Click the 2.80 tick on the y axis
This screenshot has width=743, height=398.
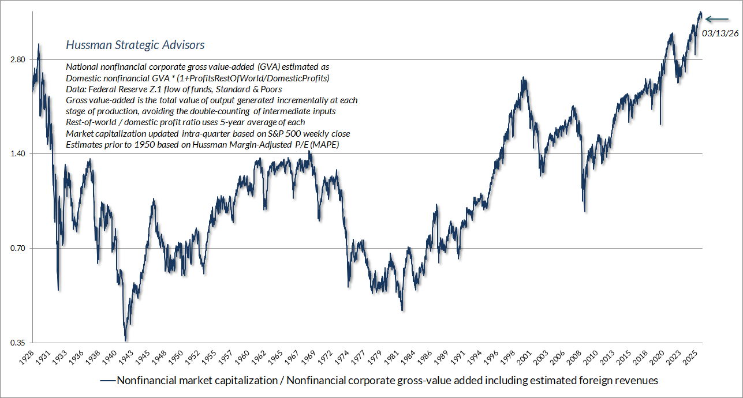(x=17, y=60)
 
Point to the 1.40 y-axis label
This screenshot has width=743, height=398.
(x=17, y=154)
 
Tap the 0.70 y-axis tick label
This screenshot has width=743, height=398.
(x=17, y=249)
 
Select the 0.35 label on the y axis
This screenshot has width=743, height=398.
(x=17, y=343)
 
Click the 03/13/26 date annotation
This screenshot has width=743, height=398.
(x=720, y=33)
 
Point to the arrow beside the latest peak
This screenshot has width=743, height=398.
(x=718, y=19)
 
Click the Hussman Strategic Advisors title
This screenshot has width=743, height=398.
(x=135, y=45)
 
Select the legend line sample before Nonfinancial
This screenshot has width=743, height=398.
(x=107, y=381)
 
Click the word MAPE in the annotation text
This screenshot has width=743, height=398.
(x=324, y=145)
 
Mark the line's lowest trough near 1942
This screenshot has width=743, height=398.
(x=126, y=340)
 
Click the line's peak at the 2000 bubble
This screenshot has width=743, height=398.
(x=523, y=78)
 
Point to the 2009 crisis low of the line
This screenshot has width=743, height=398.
(x=585, y=211)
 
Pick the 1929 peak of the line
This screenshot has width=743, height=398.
(x=39, y=44)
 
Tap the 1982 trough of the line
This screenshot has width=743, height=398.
(x=402, y=310)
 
